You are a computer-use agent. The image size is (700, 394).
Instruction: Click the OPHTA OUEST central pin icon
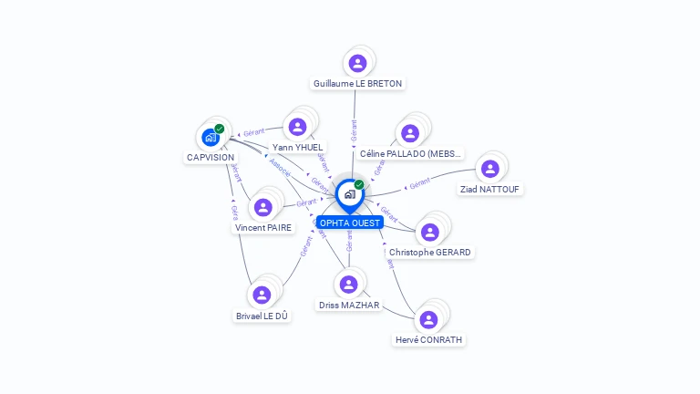coord(349,194)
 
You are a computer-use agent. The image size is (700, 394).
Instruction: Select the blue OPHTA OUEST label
coord(350,223)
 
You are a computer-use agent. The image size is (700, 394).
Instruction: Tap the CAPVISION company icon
coord(211,138)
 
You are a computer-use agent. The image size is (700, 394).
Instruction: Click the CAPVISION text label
coord(211,158)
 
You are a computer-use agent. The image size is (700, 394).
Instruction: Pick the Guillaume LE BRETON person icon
coord(357,63)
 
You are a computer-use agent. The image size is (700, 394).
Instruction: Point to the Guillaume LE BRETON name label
coord(357,83)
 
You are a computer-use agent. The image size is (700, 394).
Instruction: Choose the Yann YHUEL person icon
coord(296,127)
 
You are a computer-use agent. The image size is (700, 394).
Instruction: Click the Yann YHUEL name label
coord(297,147)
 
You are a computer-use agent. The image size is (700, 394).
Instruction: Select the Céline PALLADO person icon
coord(410,133)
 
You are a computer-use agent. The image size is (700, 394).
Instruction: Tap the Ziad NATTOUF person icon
coord(490,169)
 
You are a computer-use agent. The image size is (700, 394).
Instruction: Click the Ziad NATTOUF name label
coord(490,189)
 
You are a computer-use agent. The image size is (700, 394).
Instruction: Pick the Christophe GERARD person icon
coord(430,232)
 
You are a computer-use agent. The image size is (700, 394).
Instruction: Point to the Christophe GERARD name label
coord(431,252)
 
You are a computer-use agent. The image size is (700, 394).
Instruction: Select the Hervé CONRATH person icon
coord(428,319)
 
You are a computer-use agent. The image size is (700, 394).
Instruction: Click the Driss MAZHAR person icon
coord(348,285)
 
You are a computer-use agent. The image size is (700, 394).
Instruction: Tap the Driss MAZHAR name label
coord(349,305)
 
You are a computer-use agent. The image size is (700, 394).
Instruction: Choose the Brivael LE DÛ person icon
coord(262,295)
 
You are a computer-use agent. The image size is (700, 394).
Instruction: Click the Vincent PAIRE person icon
coord(263,207)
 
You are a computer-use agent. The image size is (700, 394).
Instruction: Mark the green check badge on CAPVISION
coord(220,129)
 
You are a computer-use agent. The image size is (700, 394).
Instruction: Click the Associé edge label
coord(281,170)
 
